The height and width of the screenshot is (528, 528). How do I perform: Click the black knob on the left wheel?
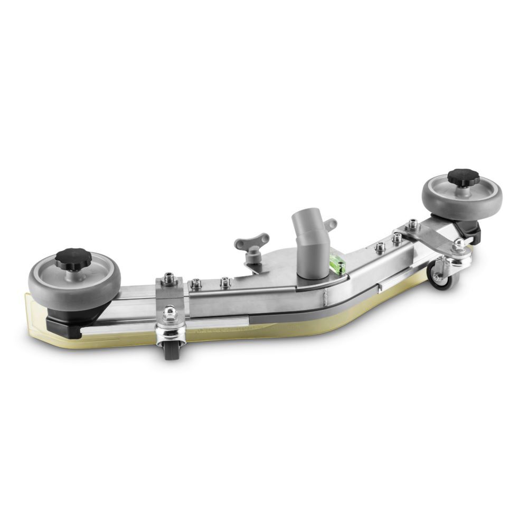[73, 258]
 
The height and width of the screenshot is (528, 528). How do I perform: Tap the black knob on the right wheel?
[463, 177]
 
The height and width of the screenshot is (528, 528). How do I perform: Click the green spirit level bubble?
[336, 261]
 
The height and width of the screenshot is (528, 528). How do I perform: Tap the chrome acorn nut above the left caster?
[170, 315]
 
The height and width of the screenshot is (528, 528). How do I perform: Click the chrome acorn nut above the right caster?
[458, 243]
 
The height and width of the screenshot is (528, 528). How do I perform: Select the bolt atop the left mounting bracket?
[169, 277]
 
